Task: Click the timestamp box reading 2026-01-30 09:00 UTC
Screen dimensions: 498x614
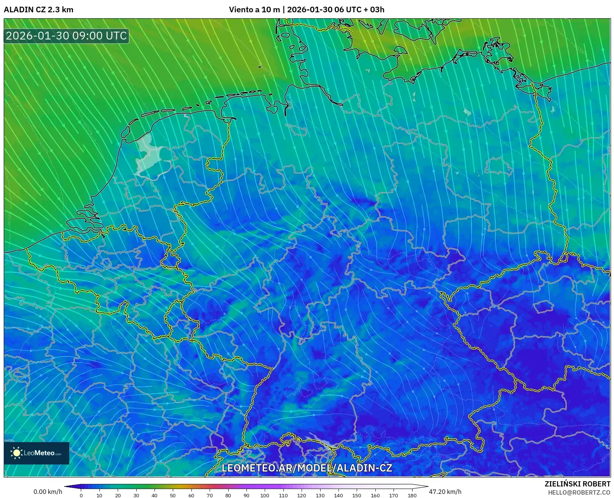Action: tap(66, 36)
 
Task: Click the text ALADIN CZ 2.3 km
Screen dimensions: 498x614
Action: tap(38, 10)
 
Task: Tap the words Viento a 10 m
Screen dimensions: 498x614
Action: tap(254, 10)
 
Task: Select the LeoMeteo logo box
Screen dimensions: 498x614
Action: tap(36, 453)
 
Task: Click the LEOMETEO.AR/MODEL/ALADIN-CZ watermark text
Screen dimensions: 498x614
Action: tap(307, 468)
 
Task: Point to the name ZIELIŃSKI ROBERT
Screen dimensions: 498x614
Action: tap(577, 484)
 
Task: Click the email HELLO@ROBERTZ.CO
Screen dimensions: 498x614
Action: tap(579, 492)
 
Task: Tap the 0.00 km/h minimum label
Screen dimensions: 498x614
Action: tap(48, 492)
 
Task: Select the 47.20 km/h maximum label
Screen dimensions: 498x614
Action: tap(445, 492)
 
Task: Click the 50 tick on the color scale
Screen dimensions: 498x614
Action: tap(173, 495)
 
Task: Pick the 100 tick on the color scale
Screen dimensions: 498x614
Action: tap(265, 495)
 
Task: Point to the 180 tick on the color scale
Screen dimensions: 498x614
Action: tap(412, 495)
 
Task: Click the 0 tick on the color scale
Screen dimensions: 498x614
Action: tap(81, 495)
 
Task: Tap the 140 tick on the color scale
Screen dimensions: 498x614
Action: tap(338, 495)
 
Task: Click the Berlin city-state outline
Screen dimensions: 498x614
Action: tap(498, 166)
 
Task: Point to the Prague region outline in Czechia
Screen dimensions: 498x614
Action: tap(544, 307)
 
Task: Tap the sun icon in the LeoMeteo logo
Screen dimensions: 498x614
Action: tap(17, 453)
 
